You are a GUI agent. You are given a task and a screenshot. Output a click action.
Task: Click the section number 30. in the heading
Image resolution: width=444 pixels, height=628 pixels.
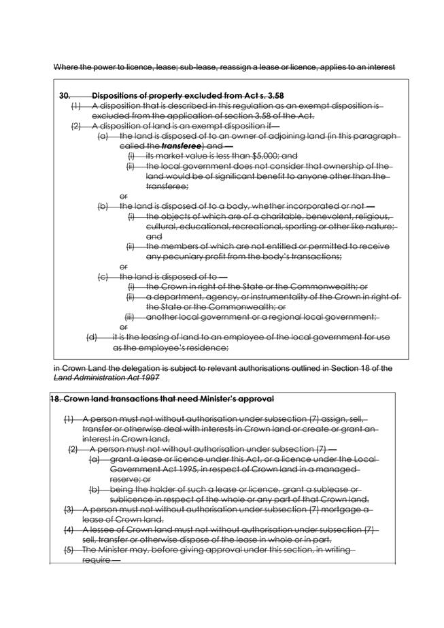[65, 96]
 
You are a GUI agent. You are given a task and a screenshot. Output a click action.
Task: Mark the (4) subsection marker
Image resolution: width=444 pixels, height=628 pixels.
[69, 529]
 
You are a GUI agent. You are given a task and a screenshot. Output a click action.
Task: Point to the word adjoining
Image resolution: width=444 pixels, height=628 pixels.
[284, 136]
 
